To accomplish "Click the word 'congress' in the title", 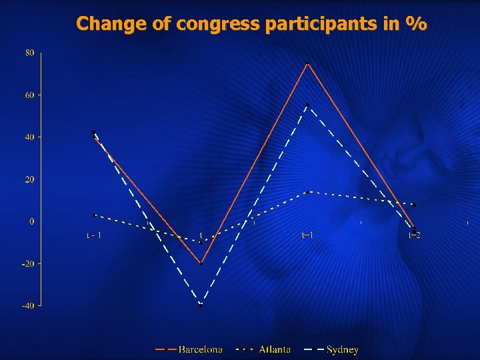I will point(218,25).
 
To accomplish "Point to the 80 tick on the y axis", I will point(31,53).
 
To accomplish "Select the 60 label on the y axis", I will point(31,95).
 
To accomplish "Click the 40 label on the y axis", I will point(31,137).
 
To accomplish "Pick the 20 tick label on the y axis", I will point(31,179).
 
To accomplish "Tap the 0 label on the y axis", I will point(32,221).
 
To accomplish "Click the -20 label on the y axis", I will point(28,263).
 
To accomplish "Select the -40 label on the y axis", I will point(28,305).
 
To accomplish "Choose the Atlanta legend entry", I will point(274,349).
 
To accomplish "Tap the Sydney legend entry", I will point(342,349).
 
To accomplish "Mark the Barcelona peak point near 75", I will point(307,63).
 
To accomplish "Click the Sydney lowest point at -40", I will point(201,305).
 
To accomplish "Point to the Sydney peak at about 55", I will point(307,105).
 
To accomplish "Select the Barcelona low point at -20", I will point(201,263).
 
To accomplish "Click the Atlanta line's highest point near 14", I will point(307,192).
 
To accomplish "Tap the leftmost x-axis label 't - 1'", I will point(94,235).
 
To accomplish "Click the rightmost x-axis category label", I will point(414,235).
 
